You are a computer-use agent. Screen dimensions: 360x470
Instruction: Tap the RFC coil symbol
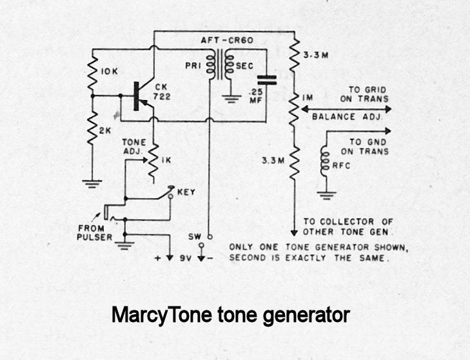(x=325, y=164)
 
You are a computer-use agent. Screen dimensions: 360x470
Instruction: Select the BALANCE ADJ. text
(x=347, y=118)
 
